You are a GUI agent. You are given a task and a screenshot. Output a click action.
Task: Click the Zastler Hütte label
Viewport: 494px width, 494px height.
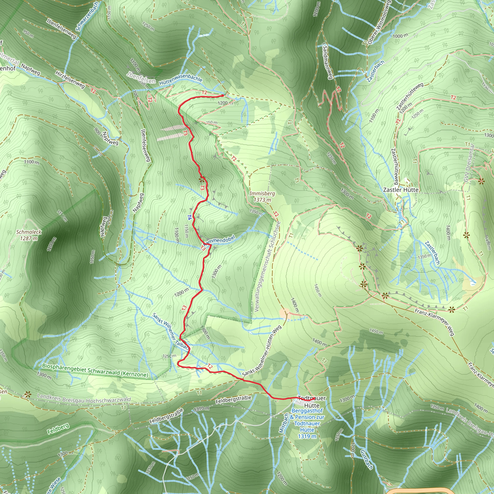(401, 190)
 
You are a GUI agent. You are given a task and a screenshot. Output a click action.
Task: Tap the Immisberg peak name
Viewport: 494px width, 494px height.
(262, 193)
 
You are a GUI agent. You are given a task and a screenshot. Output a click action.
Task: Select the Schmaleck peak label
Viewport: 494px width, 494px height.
(29, 232)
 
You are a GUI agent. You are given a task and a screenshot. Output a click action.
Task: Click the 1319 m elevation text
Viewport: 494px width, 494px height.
(307, 436)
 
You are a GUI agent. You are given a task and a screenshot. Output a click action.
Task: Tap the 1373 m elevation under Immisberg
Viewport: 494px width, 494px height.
(262, 200)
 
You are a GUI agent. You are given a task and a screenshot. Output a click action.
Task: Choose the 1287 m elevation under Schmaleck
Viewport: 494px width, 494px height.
(29, 238)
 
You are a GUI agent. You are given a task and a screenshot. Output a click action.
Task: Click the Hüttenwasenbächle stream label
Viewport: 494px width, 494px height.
(180, 81)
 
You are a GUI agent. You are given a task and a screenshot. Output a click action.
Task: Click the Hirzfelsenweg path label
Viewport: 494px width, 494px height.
(70, 80)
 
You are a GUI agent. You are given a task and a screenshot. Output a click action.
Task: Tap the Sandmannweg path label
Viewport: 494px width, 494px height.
(327, 62)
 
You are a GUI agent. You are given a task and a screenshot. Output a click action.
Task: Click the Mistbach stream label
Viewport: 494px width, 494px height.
(284, 423)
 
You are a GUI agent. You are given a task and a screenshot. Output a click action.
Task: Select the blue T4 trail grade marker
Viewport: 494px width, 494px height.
(189, 217)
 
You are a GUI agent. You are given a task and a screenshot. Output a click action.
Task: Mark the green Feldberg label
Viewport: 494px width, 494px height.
(58, 429)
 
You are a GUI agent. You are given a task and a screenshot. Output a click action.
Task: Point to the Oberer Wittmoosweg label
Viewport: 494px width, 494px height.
(378, 22)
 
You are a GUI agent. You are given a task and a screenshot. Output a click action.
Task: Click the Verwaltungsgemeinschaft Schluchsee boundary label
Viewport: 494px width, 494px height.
(268, 266)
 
